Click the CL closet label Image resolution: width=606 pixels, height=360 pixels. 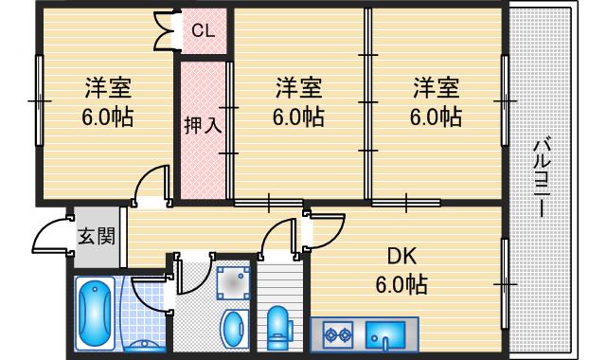click(x=204, y=31)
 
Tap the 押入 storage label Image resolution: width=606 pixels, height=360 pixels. click(x=204, y=124)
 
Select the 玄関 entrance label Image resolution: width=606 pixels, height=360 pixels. click(x=96, y=235)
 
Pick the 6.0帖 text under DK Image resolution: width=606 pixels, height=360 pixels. click(x=402, y=284)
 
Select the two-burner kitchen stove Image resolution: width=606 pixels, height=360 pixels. click(x=337, y=334)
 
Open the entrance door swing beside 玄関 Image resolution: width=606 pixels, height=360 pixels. click(x=49, y=237)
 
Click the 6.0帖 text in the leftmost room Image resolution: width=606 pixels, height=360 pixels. click(x=106, y=118)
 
